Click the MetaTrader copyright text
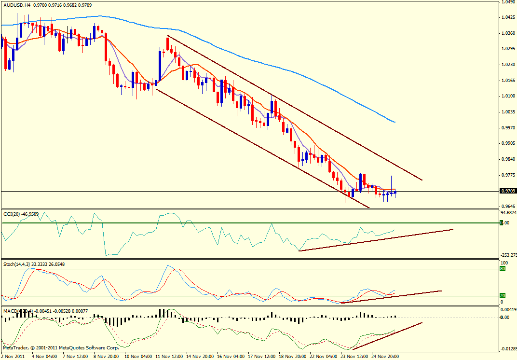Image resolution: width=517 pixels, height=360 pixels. [60, 347]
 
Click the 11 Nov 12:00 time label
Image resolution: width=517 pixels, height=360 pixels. [168, 356]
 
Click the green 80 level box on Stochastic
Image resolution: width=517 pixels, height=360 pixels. [502, 269]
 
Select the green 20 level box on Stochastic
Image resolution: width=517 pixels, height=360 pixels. [502, 296]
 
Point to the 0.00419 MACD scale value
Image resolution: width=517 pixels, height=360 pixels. [508, 309]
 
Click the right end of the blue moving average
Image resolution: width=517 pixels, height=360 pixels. [395, 122]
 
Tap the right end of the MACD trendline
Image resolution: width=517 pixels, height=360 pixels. [422, 322]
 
